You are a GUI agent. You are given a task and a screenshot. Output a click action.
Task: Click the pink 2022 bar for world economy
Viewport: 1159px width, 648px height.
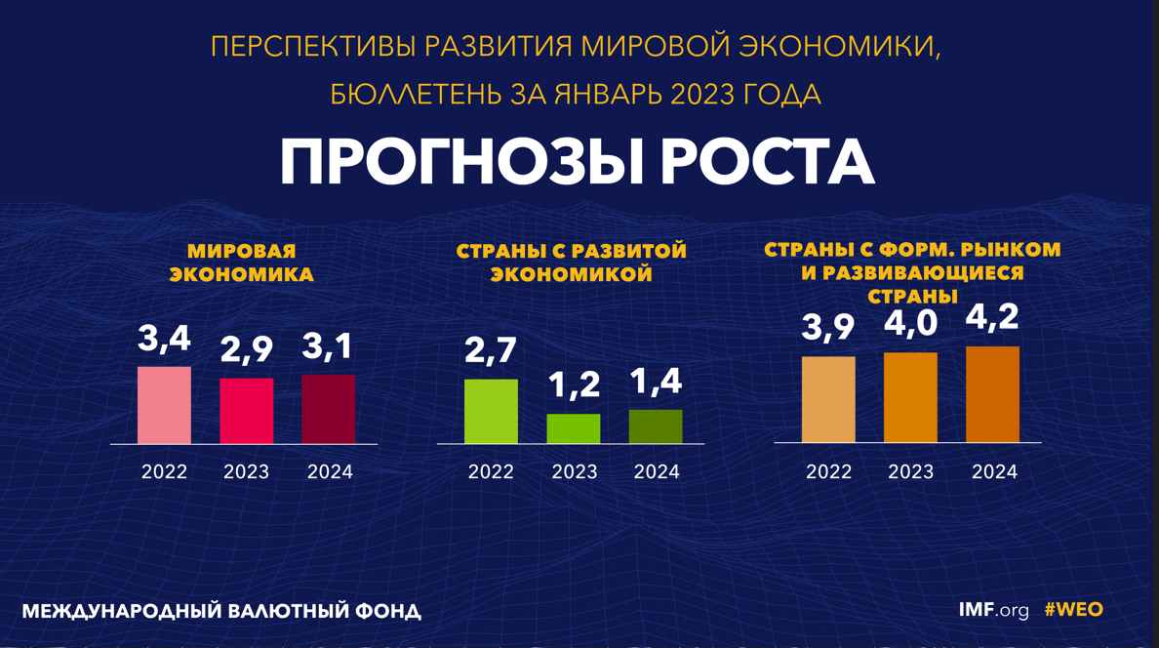pyautogui.click(x=164, y=405)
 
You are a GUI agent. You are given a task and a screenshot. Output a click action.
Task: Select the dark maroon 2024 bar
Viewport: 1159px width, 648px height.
pyautogui.click(x=329, y=409)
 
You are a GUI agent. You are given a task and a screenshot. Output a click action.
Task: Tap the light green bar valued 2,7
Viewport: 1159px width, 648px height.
pyautogui.click(x=491, y=411)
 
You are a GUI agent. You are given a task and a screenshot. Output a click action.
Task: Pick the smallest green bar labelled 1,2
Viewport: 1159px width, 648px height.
pyautogui.click(x=574, y=428)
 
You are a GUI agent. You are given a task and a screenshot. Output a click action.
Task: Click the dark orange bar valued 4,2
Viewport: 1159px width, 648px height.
pyautogui.click(x=992, y=394)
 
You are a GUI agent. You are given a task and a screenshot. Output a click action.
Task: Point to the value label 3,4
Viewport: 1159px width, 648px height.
pyautogui.click(x=164, y=340)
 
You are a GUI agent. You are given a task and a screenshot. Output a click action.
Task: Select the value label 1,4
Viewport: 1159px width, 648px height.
pyautogui.click(x=656, y=382)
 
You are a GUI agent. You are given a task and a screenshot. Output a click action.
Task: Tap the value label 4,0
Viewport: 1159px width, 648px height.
pyautogui.click(x=910, y=323)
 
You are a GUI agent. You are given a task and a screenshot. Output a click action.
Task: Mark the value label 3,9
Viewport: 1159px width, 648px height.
pyautogui.click(x=828, y=328)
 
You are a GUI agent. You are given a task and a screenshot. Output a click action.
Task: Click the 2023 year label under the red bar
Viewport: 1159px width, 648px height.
pyautogui.click(x=246, y=472)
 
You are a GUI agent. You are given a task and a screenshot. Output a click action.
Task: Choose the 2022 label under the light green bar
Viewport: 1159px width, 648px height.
pyautogui.click(x=491, y=472)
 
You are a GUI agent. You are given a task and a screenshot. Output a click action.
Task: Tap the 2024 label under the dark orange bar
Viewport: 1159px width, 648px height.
pyautogui.click(x=994, y=472)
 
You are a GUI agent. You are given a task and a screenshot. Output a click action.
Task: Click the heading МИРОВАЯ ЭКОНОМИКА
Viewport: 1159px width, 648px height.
pyautogui.click(x=242, y=263)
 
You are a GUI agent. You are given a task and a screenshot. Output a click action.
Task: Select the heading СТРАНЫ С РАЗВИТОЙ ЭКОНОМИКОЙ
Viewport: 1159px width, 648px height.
pyautogui.click(x=572, y=263)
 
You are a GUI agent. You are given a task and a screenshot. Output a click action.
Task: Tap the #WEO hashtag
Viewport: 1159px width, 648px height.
pyautogui.click(x=1073, y=610)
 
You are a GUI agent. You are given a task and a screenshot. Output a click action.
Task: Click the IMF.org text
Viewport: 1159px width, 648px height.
pyautogui.click(x=993, y=610)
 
